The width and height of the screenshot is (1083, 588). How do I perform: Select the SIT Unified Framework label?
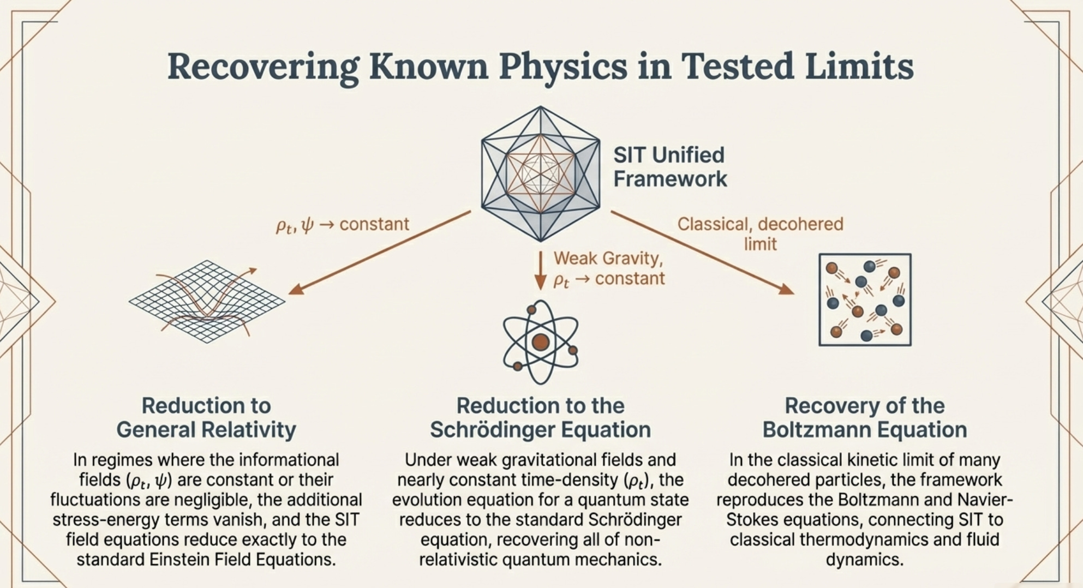(669, 167)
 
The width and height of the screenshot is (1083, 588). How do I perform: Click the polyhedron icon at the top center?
(540, 173)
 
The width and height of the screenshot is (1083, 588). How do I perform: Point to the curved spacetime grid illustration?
(207, 301)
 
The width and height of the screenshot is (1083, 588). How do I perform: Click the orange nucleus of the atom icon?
(540, 342)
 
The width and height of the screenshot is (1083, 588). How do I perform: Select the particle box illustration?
(865, 299)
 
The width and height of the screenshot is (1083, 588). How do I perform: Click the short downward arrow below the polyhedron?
(540, 270)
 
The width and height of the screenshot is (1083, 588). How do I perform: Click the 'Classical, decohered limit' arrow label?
(760, 233)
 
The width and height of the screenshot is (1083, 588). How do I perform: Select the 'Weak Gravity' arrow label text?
(608, 258)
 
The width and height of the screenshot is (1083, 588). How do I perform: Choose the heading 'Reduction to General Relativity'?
(206, 418)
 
